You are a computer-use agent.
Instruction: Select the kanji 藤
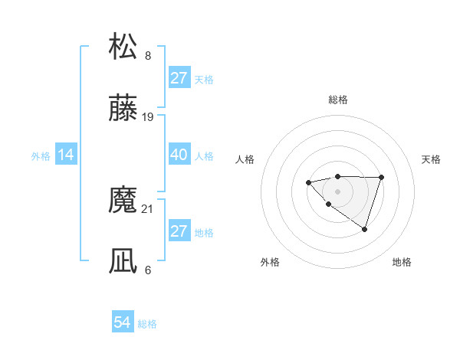click(123, 109)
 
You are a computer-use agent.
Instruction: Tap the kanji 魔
click(123, 200)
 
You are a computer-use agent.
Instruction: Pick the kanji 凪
click(123, 261)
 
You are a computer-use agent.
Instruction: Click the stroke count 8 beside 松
click(148, 55)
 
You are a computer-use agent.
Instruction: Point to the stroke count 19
click(149, 117)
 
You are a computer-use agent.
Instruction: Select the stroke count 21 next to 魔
click(149, 208)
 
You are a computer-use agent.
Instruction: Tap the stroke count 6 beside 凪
click(148, 270)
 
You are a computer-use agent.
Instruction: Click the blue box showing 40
click(179, 155)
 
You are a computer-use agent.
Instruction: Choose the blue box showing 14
click(66, 155)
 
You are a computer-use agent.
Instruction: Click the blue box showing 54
click(123, 323)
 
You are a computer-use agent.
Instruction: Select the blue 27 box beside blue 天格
click(179, 78)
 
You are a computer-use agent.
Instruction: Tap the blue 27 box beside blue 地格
click(179, 231)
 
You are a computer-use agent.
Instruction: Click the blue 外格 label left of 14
click(41, 156)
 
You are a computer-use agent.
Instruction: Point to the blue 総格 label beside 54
click(147, 324)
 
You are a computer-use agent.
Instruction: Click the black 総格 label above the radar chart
click(337, 100)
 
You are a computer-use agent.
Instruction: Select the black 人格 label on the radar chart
click(245, 159)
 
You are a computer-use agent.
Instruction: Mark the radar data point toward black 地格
click(364, 229)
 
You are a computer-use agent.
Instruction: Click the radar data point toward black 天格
click(381, 177)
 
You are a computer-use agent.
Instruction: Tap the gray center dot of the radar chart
click(337, 190)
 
